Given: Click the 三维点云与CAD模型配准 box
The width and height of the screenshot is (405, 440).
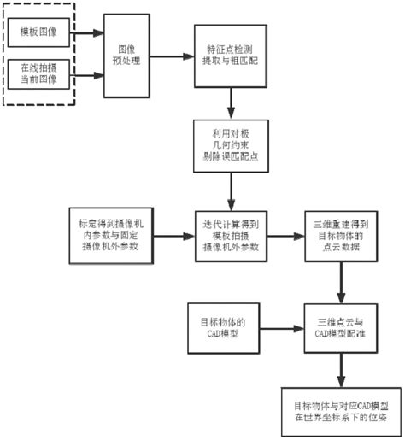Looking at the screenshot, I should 343,328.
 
